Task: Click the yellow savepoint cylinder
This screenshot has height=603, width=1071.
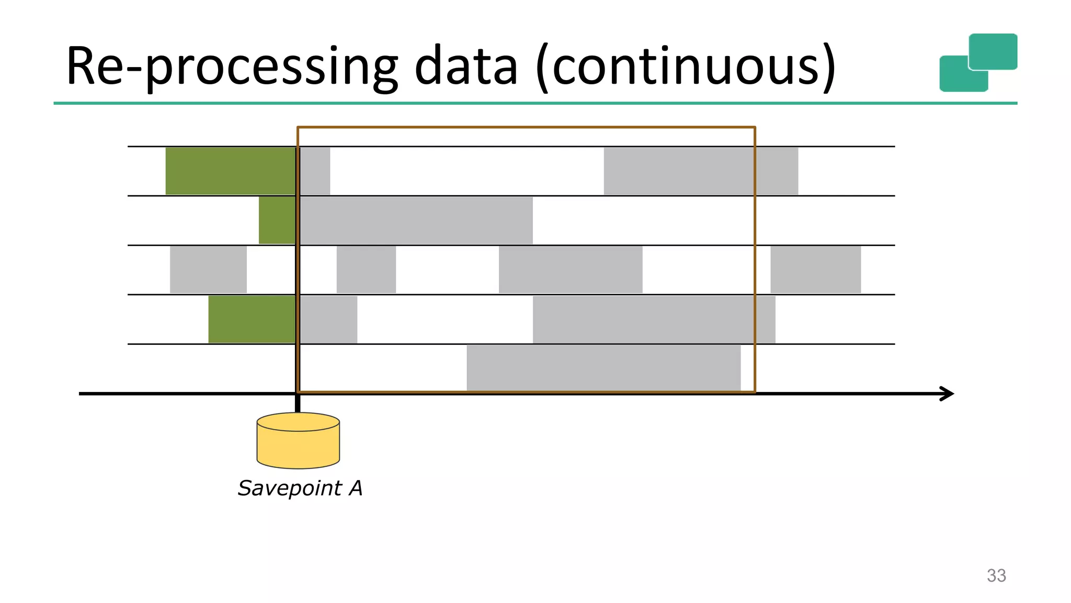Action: pyautogui.click(x=298, y=441)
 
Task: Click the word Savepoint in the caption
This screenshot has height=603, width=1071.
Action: pyautogui.click(x=289, y=488)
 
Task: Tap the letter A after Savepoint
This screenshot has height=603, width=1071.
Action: pyautogui.click(x=356, y=488)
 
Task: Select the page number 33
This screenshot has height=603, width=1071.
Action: pyautogui.click(x=996, y=575)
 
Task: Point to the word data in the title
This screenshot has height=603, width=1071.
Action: pyautogui.click(x=465, y=66)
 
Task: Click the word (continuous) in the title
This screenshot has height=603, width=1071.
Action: pyautogui.click(x=686, y=66)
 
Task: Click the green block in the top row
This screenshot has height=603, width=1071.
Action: pyautogui.click(x=230, y=171)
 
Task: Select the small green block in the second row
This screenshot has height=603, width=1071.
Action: pyautogui.click(x=277, y=220)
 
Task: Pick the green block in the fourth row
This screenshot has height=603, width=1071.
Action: pyautogui.click(x=252, y=319)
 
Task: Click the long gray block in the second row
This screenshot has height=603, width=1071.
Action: pyautogui.click(x=416, y=220)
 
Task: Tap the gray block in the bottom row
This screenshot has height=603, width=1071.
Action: pyautogui.click(x=603, y=367)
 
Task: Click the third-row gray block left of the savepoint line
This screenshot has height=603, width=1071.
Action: pyautogui.click(x=208, y=270)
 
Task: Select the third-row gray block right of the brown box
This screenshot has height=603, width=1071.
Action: pyautogui.click(x=815, y=270)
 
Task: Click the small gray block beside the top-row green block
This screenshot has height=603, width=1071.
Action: pyautogui.click(x=315, y=171)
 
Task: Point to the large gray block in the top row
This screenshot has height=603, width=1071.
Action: pyautogui.click(x=701, y=171)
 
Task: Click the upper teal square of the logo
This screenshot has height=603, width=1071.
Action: pyautogui.click(x=993, y=51)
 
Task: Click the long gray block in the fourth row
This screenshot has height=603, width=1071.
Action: pyautogui.click(x=654, y=319)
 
